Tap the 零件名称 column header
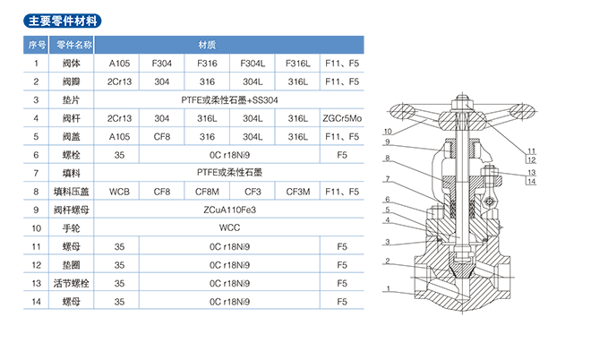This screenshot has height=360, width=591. (x=73, y=44)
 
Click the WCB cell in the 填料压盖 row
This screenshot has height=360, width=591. (x=119, y=191)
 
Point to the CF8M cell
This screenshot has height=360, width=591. (x=206, y=191)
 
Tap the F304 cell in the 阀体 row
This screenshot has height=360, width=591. (x=162, y=64)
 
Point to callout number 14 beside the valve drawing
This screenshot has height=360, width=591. (x=531, y=182)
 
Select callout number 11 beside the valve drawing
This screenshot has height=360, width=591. (x=531, y=150)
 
